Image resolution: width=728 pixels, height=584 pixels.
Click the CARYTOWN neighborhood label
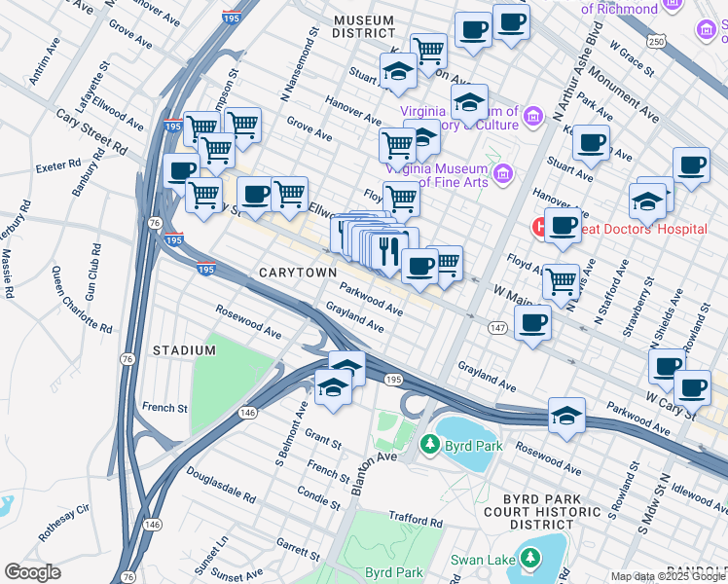click(x=298, y=274)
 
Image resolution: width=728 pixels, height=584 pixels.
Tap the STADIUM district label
click(x=184, y=350)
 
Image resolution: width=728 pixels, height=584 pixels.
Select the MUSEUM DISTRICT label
click(x=363, y=26)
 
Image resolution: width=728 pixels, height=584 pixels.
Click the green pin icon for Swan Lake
click(x=529, y=559)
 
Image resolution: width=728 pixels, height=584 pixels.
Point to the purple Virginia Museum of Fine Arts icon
click(x=503, y=175)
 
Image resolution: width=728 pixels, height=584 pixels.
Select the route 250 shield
click(x=657, y=40)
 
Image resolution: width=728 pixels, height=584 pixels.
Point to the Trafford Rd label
click(x=415, y=524)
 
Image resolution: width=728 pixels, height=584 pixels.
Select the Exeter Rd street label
click(x=56, y=167)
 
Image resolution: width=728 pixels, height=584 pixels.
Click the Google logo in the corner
click(x=32, y=572)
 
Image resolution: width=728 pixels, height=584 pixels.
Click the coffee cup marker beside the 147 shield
click(x=531, y=324)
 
